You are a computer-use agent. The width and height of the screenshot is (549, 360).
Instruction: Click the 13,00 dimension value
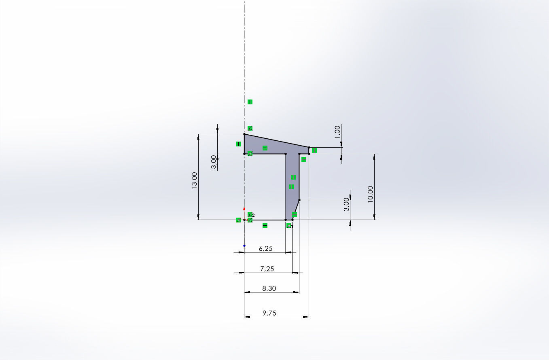[x=195, y=180]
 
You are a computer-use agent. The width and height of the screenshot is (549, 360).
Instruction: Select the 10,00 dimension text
[x=371, y=194]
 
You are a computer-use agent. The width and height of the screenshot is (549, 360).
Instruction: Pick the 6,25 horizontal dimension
[x=265, y=249]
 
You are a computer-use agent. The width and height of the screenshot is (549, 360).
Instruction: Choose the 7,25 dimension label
[x=267, y=269]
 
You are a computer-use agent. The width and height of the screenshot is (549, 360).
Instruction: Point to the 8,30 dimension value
[x=269, y=288]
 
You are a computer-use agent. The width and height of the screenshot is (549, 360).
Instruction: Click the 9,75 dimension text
[x=269, y=313]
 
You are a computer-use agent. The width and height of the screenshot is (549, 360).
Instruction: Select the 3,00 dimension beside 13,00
[x=214, y=162]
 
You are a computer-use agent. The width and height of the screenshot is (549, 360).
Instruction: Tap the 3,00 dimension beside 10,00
[x=346, y=204]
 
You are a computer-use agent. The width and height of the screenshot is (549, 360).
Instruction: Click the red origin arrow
[x=244, y=209]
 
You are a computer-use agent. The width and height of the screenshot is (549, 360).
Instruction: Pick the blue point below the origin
[x=244, y=246]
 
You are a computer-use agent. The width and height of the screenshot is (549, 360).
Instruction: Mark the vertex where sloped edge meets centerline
[x=244, y=134]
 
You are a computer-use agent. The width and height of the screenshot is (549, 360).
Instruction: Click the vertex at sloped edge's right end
[x=309, y=147]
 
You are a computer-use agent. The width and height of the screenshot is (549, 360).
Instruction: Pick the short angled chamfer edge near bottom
[x=296, y=210]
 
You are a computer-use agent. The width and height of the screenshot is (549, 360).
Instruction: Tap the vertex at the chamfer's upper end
[x=299, y=200]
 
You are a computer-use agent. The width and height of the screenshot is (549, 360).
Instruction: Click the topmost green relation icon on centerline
[x=250, y=102]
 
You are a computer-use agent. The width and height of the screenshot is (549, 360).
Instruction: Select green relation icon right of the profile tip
[x=314, y=150]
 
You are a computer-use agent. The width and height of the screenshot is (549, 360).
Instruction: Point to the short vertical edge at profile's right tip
[x=309, y=150]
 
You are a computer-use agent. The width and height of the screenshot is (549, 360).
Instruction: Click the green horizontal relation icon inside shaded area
[x=265, y=148]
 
